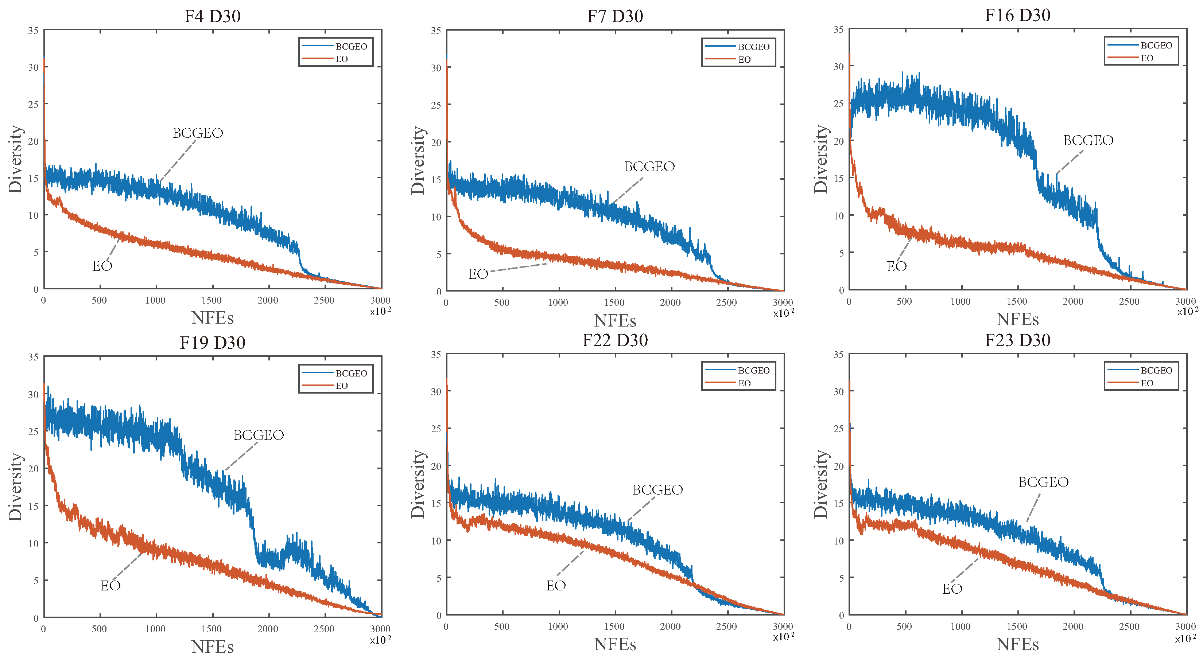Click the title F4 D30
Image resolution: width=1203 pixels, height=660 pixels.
click(213, 16)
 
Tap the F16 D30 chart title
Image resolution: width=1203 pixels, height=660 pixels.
click(1018, 15)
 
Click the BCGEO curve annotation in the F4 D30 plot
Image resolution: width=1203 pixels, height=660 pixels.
click(198, 133)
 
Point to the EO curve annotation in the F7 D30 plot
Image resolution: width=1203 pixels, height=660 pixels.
click(478, 274)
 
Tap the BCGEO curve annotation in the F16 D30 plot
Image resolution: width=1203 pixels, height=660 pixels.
click(1088, 140)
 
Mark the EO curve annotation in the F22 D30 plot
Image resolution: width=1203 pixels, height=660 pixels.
click(556, 585)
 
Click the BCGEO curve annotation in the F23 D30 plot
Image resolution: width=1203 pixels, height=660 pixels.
click(1043, 482)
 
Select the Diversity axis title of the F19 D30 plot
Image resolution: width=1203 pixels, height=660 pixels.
click(15, 487)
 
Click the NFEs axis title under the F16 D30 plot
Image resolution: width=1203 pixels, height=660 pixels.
click(1018, 319)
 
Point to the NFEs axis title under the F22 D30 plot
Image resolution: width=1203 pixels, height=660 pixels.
click(615, 644)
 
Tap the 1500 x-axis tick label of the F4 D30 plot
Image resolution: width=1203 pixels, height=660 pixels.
click(212, 300)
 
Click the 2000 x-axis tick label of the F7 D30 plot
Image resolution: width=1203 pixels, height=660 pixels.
click(670, 302)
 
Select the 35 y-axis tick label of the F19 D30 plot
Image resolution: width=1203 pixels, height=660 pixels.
click(33, 357)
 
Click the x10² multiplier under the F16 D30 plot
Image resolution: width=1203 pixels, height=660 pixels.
click(1187, 311)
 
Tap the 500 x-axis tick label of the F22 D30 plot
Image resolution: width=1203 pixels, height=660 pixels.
click(502, 626)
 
